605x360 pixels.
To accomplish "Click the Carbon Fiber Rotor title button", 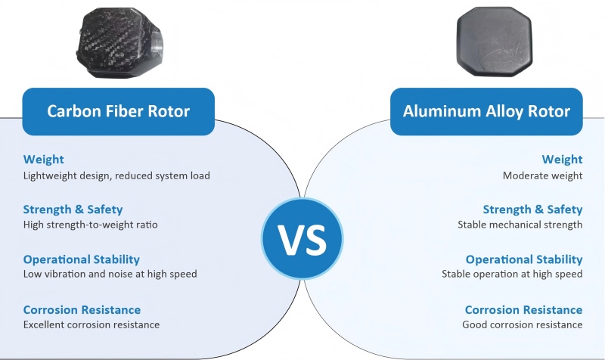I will pyautogui.click(x=119, y=112).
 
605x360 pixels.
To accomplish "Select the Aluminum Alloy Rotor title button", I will pyautogui.click(x=486, y=112).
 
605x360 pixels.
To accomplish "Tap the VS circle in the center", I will pyautogui.click(x=302, y=238).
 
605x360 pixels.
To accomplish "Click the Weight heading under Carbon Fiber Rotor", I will pyautogui.click(x=44, y=160).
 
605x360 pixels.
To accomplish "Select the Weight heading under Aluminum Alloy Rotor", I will pyautogui.click(x=562, y=160).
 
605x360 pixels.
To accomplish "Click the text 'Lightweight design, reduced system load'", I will pyautogui.click(x=116, y=175).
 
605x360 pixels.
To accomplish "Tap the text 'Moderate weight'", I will pyautogui.click(x=542, y=175).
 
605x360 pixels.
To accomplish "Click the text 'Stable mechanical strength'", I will pyautogui.click(x=520, y=225).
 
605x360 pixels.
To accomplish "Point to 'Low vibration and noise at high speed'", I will pyautogui.click(x=110, y=274).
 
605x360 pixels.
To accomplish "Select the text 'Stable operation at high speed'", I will pyautogui.click(x=512, y=274).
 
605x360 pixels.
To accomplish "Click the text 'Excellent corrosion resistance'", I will pyautogui.click(x=92, y=324).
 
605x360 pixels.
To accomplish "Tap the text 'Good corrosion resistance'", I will pyautogui.click(x=523, y=324).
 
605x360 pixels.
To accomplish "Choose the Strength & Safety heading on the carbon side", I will pyautogui.click(x=73, y=209).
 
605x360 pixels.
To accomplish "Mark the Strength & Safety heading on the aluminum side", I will pyautogui.click(x=533, y=209).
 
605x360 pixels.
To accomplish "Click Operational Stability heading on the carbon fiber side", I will pyautogui.click(x=82, y=259).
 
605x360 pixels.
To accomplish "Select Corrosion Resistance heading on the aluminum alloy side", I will pyautogui.click(x=524, y=310).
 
